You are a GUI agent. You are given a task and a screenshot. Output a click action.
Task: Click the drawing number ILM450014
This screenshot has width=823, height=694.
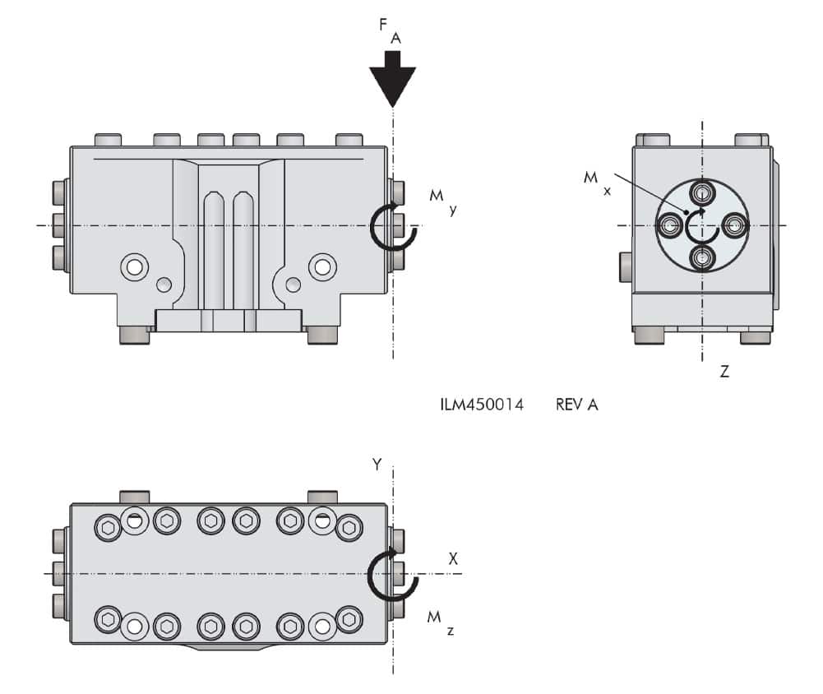coord(481,405)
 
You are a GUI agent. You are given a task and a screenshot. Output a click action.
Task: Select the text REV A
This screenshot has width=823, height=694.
coord(576,405)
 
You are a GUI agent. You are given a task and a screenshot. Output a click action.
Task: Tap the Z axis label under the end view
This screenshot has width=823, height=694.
coord(724,372)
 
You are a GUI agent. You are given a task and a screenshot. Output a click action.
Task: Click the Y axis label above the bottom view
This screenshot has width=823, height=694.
coord(377,465)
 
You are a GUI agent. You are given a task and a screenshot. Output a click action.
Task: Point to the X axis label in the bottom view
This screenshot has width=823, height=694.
coord(452,558)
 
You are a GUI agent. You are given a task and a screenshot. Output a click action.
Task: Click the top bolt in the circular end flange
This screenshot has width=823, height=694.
coord(701,193)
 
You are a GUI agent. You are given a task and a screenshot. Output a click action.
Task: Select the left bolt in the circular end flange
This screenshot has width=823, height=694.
coord(670,224)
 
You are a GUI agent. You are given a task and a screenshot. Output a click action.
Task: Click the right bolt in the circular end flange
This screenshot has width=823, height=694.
coord(733,224)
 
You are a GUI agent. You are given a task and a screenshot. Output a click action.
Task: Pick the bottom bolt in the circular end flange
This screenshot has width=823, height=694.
coord(701,257)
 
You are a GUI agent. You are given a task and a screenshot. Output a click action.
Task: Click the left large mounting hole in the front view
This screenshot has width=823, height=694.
coord(133,266)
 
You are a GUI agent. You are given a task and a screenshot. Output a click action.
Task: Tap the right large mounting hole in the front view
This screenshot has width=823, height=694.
coord(322,266)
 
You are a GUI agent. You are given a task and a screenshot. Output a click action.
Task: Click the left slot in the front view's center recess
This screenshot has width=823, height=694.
coord(214,247)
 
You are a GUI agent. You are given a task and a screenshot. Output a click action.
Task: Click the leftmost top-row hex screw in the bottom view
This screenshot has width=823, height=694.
coord(108,526)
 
